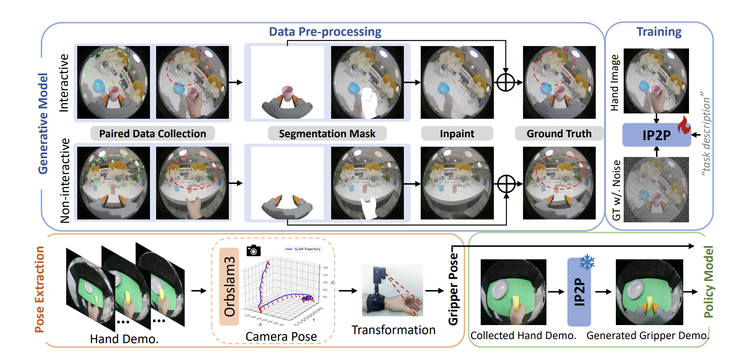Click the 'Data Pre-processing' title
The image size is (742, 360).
point(325,32)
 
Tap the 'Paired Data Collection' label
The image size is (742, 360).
point(152,134)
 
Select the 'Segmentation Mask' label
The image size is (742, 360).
point(327,134)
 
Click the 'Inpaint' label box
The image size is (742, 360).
point(457,134)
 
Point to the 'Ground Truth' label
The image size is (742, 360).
point(559,134)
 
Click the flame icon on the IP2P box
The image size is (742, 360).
point(684,125)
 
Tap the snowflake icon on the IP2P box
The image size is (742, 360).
point(587,262)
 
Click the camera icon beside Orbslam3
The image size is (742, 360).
point(253,250)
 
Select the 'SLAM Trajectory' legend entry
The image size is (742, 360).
point(303,249)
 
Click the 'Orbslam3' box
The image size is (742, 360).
point(229,286)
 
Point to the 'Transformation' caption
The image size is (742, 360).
point(393,330)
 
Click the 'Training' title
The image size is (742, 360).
point(659,32)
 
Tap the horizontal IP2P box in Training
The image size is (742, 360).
point(656,135)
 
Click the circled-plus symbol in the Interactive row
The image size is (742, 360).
point(506,82)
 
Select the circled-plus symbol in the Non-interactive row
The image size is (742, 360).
point(506,184)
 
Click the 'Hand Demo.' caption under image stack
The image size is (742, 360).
point(124,339)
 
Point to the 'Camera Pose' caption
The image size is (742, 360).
point(281,337)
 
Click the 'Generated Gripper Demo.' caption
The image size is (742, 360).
point(648,336)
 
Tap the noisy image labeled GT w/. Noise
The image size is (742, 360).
point(656,189)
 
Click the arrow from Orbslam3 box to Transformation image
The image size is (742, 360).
point(348,291)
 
